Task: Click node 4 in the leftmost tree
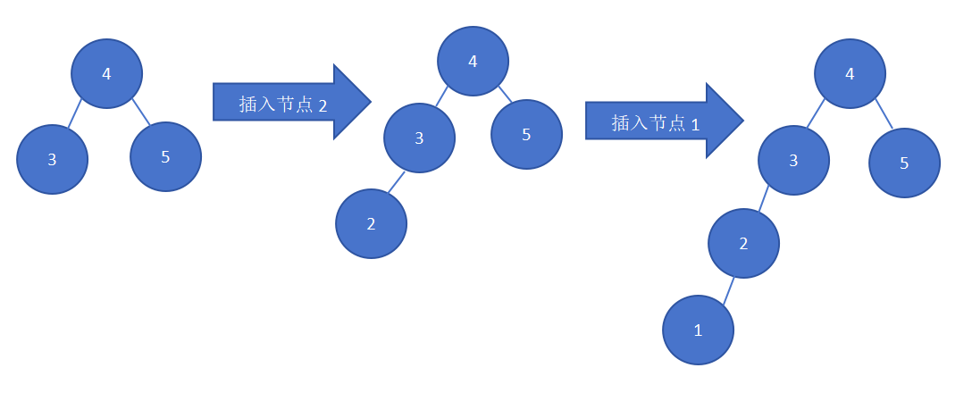(107, 74)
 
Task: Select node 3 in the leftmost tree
(53, 159)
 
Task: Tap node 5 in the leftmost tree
(165, 157)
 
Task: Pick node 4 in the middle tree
(473, 61)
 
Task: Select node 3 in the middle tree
(419, 138)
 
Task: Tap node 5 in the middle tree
(526, 135)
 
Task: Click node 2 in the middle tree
(371, 223)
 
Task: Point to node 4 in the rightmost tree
(850, 74)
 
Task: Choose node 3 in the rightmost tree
(793, 161)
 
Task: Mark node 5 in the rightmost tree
(904, 163)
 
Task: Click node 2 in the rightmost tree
(743, 244)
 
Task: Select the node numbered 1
(698, 330)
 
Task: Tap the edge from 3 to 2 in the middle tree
(397, 181)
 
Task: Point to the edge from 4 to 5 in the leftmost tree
(140, 112)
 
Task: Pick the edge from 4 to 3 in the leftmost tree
(75, 113)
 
